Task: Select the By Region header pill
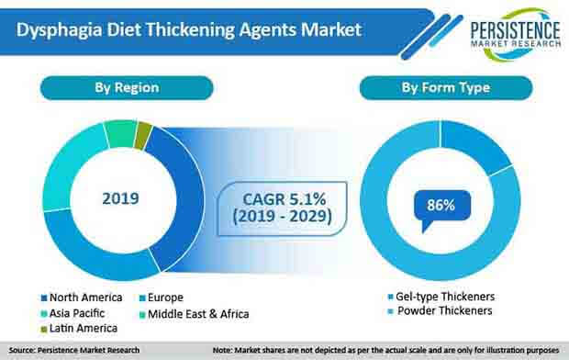click(127, 87)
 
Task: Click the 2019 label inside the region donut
click(119, 197)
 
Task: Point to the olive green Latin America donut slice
click(142, 135)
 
